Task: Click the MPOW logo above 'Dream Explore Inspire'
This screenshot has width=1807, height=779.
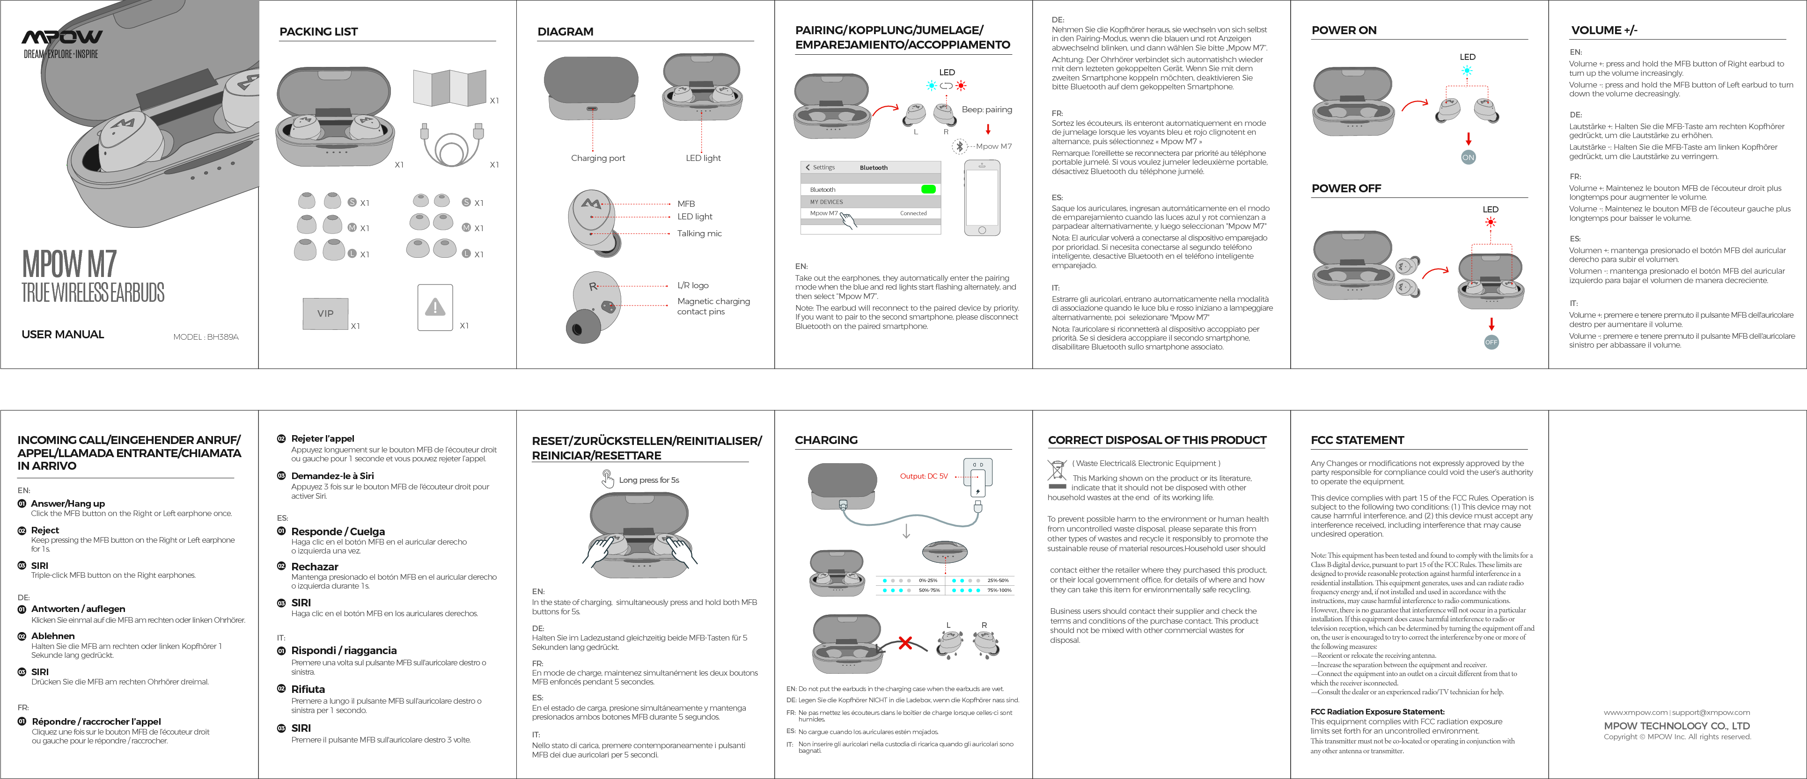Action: coord(62,36)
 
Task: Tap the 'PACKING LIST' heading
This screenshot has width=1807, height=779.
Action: coord(318,31)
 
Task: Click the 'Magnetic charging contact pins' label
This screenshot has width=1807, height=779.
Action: coord(713,306)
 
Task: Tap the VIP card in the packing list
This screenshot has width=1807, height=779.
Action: coord(325,313)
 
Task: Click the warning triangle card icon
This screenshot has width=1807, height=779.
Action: coord(435,307)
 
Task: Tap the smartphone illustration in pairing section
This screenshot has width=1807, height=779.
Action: coord(982,198)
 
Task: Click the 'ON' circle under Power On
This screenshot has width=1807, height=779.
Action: coord(1468,158)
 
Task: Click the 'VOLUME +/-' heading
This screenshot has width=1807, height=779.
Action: coord(1603,30)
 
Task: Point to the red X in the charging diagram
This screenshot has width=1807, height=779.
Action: coord(905,643)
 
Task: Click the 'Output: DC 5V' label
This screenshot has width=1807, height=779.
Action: coord(923,477)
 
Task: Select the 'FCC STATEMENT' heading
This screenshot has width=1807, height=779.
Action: coord(1357,440)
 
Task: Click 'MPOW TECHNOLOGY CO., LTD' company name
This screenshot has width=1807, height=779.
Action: coord(1676,726)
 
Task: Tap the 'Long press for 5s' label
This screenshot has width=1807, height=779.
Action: coord(648,481)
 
